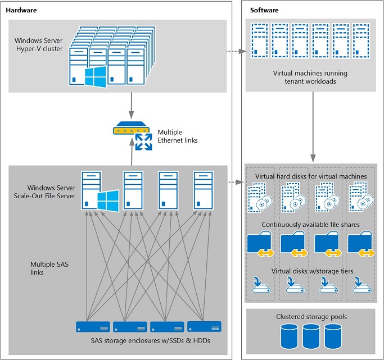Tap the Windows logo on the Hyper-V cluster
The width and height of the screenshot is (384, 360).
coord(95,78)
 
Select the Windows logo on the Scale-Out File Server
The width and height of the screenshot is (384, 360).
coord(109,199)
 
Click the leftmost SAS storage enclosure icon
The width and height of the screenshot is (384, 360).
coord(93,326)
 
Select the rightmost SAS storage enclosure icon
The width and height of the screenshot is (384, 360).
coord(204,326)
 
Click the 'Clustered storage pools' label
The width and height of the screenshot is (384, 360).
coord(311,317)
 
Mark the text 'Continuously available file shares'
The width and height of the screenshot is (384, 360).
coord(311,225)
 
